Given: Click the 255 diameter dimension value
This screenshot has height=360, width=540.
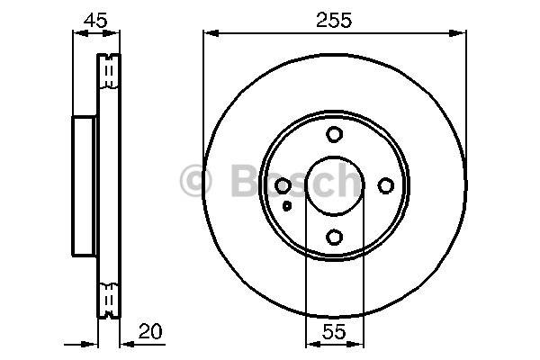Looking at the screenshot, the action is click(x=334, y=21).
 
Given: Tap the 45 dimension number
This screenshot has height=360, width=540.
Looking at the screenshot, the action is click(x=95, y=21).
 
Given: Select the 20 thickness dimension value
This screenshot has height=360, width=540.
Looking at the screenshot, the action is click(x=150, y=331).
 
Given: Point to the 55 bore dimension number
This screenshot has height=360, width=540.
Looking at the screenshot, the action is click(x=334, y=331).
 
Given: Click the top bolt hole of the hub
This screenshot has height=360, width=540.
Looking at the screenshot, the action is click(x=334, y=134).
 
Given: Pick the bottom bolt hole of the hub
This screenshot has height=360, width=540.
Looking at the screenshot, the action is click(x=334, y=237).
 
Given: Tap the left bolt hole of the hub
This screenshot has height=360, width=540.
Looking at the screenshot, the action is click(x=283, y=186).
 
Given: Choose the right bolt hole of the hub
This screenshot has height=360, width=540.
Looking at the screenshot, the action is click(x=386, y=185).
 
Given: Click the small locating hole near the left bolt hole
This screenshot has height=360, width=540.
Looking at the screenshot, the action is click(x=287, y=206).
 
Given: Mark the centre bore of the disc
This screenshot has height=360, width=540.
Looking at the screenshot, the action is click(x=335, y=185).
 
